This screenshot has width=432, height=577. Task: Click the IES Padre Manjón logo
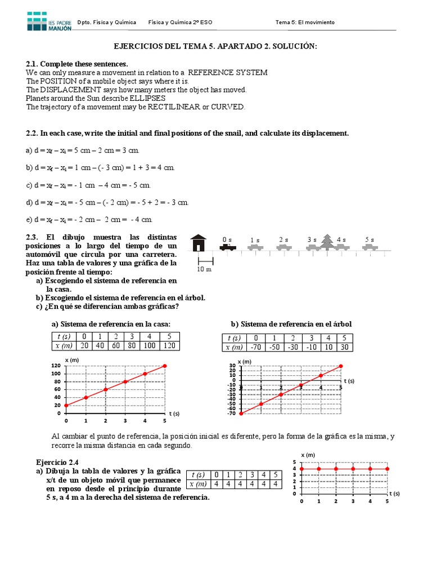pyautogui.click(x=49, y=21)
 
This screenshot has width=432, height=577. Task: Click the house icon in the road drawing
pyautogui.click(x=198, y=243)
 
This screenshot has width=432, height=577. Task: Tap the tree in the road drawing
pyautogui.click(x=327, y=241)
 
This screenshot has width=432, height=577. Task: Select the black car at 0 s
pyautogui.click(x=227, y=246)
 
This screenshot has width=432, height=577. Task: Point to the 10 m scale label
pyautogui.click(x=205, y=269)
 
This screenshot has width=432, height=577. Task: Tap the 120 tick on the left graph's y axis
pyautogui.click(x=56, y=366)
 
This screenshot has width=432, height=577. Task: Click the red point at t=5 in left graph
pyautogui.click(x=165, y=366)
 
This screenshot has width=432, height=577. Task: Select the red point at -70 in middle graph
pyautogui.click(x=241, y=413)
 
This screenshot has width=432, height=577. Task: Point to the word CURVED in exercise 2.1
pyautogui.click(x=228, y=106)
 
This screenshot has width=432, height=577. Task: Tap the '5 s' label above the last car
pyautogui.click(x=370, y=239)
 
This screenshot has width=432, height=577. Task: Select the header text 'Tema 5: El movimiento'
pyautogui.click(x=305, y=23)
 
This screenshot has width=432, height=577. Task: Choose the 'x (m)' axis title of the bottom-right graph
pyautogui.click(x=308, y=454)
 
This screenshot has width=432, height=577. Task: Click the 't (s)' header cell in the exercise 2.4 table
pyautogui.click(x=199, y=474)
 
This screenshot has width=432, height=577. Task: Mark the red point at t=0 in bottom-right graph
pyautogui.click(x=301, y=468)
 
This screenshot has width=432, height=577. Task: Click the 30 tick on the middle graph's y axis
pyautogui.click(x=232, y=366)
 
